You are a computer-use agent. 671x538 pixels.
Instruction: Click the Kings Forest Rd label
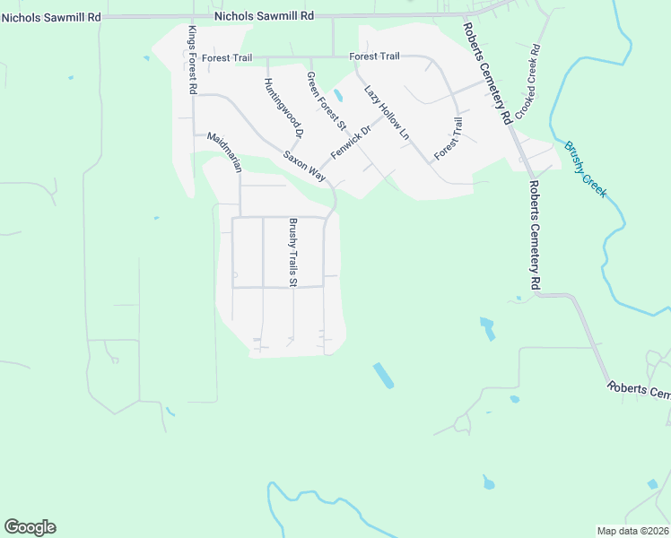tap(192, 60)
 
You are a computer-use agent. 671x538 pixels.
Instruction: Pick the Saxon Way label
tap(304, 167)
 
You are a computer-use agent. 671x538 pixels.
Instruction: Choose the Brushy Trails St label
tap(292, 252)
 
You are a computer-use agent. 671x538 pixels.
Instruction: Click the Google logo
tap(30, 527)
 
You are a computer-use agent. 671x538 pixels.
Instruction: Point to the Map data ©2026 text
tap(633, 531)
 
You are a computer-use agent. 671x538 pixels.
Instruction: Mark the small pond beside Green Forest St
tap(338, 95)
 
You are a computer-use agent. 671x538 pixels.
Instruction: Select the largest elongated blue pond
tap(383, 375)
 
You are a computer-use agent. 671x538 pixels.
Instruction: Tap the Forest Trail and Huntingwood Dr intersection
tap(266, 58)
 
